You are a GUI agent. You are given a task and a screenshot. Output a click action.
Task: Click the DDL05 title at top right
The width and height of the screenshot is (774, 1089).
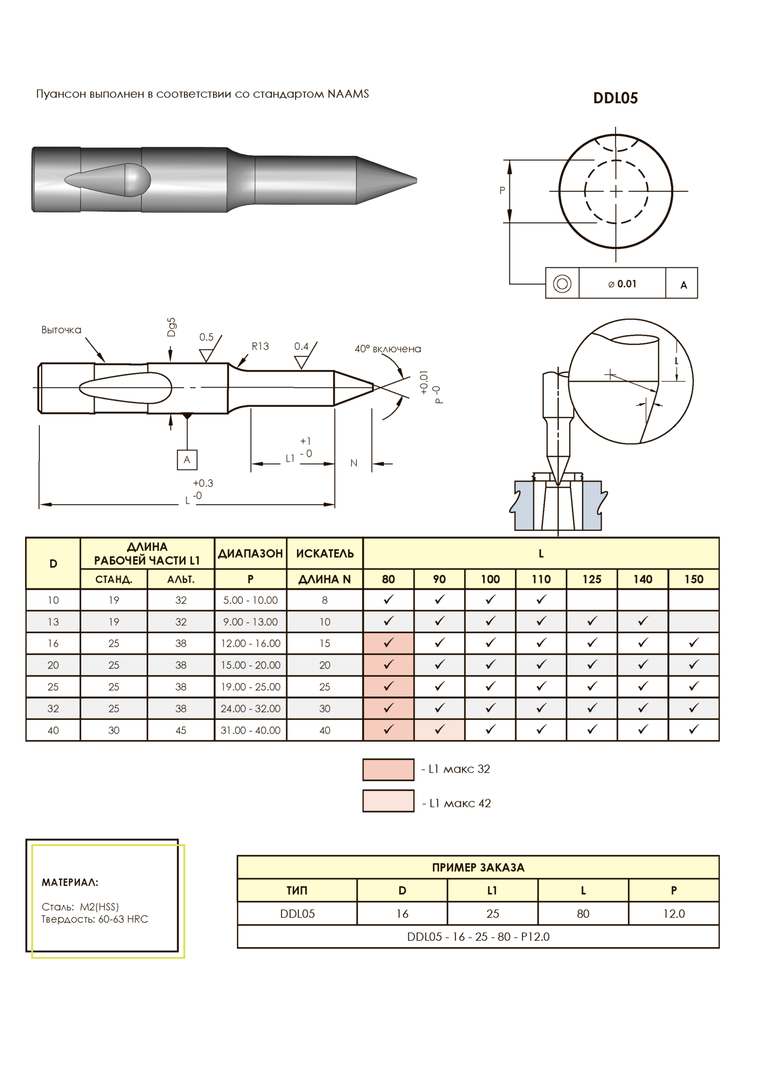pyautogui.click(x=615, y=98)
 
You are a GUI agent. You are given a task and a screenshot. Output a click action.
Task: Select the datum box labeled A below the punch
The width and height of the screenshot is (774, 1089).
pyautogui.click(x=187, y=459)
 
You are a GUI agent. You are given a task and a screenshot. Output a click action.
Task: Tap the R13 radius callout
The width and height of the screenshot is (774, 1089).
pyautogui.click(x=260, y=346)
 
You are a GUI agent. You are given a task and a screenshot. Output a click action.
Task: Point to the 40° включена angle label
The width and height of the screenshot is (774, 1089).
pyautogui.click(x=388, y=349)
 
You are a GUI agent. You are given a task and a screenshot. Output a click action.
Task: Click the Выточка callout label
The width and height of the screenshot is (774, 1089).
pyautogui.click(x=61, y=330)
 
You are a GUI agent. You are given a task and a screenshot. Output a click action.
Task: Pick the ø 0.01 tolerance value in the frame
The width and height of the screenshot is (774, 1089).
pyautogui.click(x=622, y=284)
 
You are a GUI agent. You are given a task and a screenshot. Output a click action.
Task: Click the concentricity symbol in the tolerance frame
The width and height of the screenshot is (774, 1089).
pyautogui.click(x=562, y=283)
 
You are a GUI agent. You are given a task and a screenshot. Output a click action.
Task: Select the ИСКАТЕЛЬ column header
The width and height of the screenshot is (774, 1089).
pyautogui.click(x=325, y=554)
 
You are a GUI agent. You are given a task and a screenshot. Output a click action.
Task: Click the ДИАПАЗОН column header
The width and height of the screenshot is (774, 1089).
pyautogui.click(x=250, y=554)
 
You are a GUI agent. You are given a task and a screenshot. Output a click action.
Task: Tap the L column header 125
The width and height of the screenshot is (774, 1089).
pyautogui.click(x=592, y=579)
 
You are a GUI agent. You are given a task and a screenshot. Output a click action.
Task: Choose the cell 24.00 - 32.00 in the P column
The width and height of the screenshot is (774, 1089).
pyautogui.click(x=250, y=708)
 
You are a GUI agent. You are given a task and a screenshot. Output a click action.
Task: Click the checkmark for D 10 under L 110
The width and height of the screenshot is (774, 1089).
pyautogui.click(x=541, y=599)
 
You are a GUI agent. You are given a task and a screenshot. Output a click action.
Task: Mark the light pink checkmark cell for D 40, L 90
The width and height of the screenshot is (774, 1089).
pyautogui.click(x=439, y=730)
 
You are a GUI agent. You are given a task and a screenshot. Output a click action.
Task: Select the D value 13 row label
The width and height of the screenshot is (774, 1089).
pyautogui.click(x=53, y=622)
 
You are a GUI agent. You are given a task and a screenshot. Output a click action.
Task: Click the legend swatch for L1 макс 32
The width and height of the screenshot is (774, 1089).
pyautogui.click(x=388, y=769)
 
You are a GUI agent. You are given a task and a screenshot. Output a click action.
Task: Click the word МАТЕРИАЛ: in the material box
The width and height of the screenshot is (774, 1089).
pyautogui.click(x=70, y=882)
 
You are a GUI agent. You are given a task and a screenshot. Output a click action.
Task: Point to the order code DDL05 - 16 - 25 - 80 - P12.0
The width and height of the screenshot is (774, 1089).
pyautogui.click(x=478, y=936)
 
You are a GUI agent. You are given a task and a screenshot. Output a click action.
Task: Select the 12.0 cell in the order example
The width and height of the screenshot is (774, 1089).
pyautogui.click(x=674, y=914)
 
